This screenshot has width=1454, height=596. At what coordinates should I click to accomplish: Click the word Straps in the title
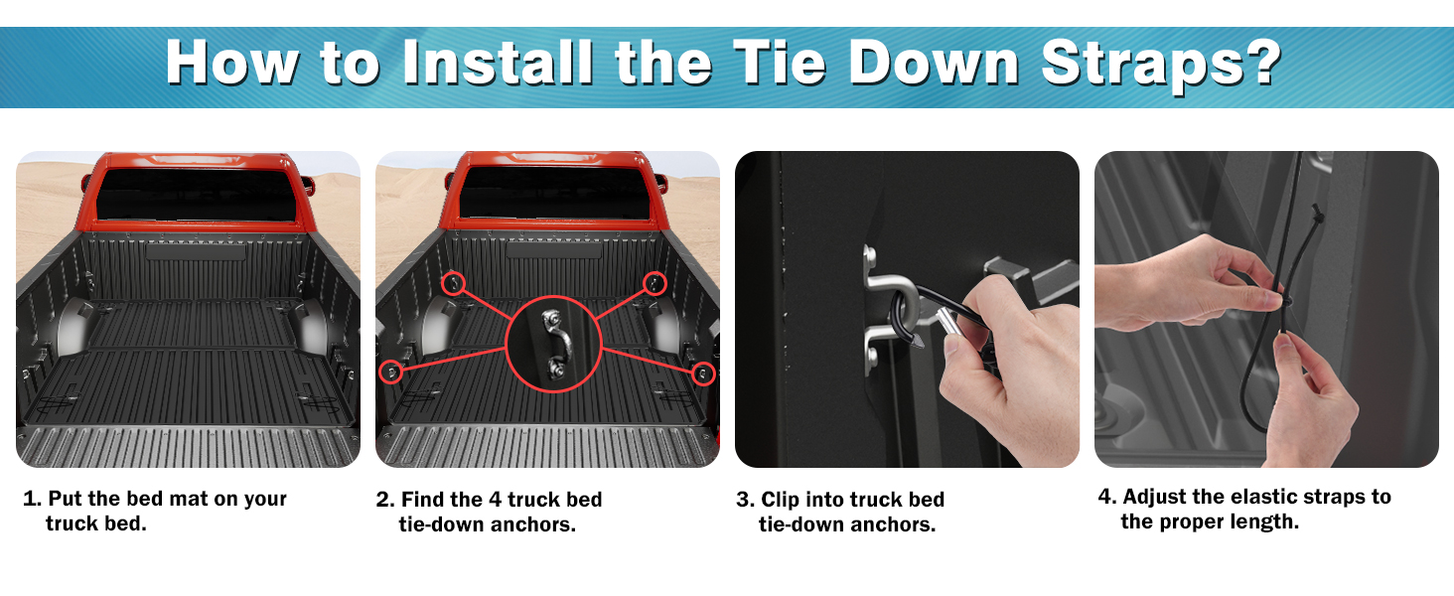point(1141,63)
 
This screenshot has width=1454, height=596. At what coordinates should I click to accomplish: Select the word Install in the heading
point(498,62)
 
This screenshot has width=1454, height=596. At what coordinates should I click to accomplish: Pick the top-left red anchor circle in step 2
point(453,284)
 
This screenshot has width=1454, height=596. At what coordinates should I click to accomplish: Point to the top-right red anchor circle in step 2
point(654,284)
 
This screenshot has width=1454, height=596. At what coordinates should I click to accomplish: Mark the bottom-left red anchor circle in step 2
point(390,372)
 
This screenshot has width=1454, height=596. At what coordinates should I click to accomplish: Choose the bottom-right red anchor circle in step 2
point(703,373)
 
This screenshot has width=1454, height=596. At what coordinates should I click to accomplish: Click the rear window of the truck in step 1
point(196,195)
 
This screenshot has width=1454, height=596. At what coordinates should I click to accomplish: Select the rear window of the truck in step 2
point(555,194)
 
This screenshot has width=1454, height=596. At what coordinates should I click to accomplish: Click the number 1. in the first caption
point(33,499)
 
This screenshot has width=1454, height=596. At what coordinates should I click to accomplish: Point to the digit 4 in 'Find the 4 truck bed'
point(496,500)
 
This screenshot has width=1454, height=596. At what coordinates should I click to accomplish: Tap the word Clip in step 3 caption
point(780,500)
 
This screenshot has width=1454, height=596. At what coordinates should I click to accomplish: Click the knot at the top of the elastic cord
point(1317,214)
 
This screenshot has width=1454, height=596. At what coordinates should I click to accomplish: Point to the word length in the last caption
point(1264,521)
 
